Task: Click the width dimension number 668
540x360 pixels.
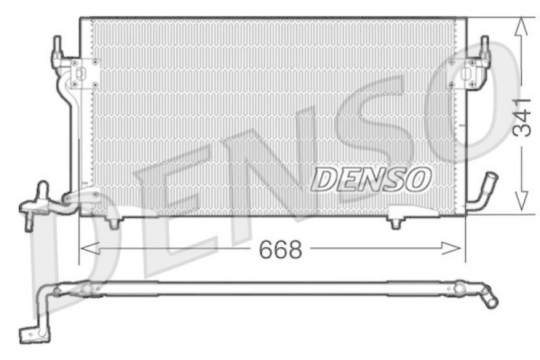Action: pos(280,250)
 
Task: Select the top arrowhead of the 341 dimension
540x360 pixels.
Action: pos(520,26)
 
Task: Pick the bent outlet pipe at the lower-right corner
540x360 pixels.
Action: pos(483,192)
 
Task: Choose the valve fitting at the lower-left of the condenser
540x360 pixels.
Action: pos(37,204)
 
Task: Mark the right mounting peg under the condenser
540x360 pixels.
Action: pos(396,222)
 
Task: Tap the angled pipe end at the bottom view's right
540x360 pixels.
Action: pos(488,299)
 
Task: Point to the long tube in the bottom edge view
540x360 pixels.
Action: pos(270,289)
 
